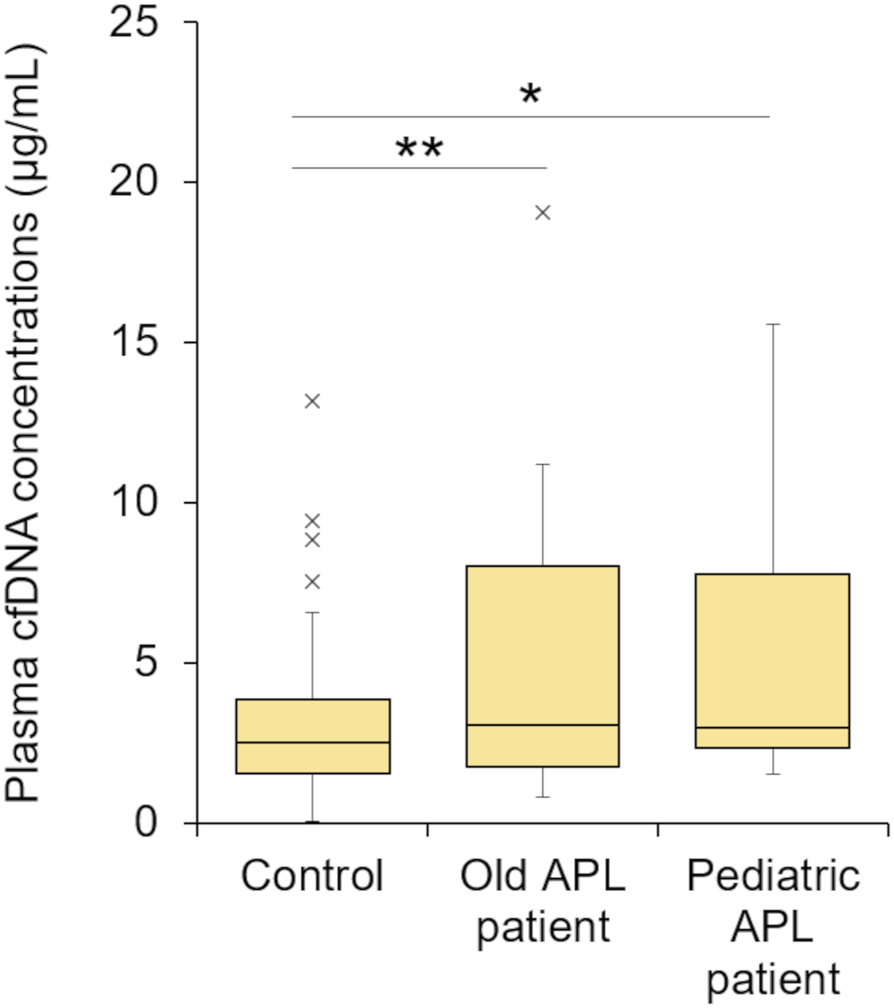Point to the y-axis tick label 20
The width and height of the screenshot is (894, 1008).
[x=134, y=182]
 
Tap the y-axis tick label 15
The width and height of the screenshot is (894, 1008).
[x=134, y=343]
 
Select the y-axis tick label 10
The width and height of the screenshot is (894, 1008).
[x=134, y=503]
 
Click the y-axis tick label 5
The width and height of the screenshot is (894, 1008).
[x=146, y=663]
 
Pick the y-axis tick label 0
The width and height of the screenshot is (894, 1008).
[x=146, y=823]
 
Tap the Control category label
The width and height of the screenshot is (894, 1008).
[x=312, y=875]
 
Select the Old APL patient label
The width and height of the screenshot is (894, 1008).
[x=542, y=901]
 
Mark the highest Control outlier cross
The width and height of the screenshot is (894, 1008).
[x=312, y=401]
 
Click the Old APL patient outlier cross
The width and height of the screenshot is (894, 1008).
[x=542, y=212]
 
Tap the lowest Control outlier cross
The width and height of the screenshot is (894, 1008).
[x=312, y=582]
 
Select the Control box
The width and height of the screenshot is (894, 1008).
[x=313, y=736]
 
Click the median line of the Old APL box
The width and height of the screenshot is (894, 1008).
[x=542, y=725]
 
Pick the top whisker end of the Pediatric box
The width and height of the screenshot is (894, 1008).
[x=773, y=324]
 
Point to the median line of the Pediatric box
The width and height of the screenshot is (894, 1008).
[x=773, y=727]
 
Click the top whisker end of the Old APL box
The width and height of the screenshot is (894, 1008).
[x=542, y=465]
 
